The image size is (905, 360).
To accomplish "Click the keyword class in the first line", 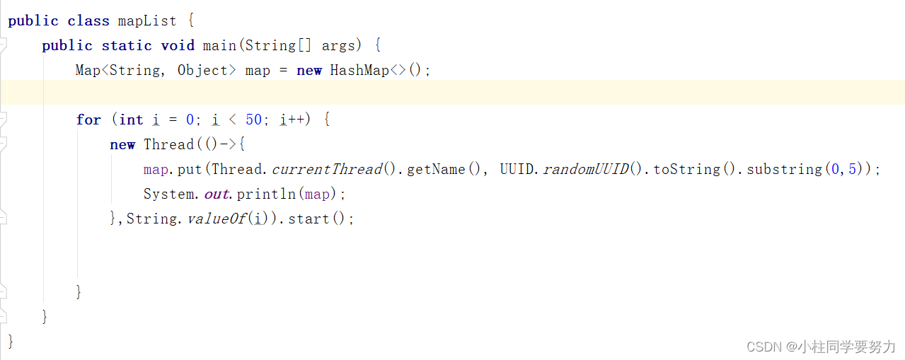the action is tap(88, 21).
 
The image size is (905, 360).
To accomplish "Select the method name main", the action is tap(219, 45).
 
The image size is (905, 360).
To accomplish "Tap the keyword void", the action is tap(178, 45).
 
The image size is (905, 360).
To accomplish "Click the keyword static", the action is tap(127, 45).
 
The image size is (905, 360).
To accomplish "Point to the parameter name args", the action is tap(339, 45).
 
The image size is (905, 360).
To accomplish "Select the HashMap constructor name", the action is tap(359, 70).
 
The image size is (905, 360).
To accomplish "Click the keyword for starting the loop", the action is tap(88, 120).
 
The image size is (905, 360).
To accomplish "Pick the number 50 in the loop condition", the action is tap(253, 120).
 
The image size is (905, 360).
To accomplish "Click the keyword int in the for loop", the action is tap(131, 120).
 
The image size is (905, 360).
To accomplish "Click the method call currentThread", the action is tap(327, 169).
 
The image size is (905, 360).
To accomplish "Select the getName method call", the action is tap(436, 169).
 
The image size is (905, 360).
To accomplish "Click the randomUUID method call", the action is tap(585, 169).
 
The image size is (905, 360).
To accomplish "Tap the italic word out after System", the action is tap(216, 194).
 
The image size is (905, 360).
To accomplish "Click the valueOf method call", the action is tap(216, 219).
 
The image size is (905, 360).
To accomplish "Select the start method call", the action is tap(309, 219).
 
